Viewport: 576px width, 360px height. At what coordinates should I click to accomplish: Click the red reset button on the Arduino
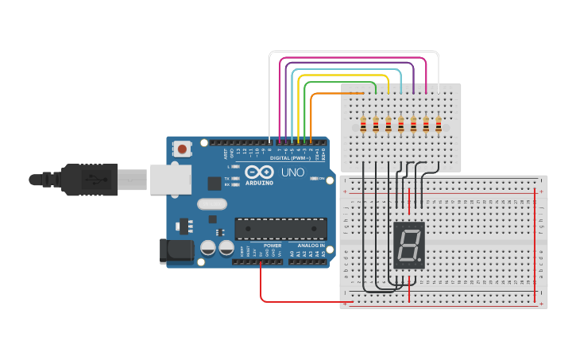point(183,148)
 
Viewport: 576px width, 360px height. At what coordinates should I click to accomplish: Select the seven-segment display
point(409,245)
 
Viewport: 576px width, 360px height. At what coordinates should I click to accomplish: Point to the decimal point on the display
point(421,261)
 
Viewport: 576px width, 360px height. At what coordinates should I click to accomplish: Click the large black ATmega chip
point(280,229)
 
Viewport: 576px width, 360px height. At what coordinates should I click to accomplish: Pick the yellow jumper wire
point(342,75)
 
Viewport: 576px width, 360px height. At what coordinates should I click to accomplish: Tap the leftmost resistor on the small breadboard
point(363,125)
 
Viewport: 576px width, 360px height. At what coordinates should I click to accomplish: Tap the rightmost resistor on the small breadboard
point(438,125)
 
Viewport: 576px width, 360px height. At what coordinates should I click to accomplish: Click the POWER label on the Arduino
point(273,246)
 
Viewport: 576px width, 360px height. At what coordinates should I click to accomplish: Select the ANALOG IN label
point(311,246)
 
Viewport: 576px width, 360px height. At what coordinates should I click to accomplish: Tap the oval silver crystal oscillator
point(212,203)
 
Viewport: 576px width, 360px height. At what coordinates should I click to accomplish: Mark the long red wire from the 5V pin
point(302,302)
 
